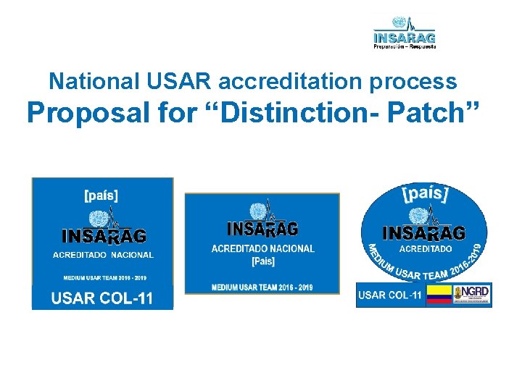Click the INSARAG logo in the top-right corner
tap(405, 32)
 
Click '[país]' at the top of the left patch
tap(102, 194)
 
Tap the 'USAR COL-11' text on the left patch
tap(101, 298)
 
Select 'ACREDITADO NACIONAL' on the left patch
tap(103, 255)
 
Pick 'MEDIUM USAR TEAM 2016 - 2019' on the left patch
tap(101, 277)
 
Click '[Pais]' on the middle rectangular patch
tap(262, 261)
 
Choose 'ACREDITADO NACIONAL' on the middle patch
tap(262, 248)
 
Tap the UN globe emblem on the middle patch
tap(257, 211)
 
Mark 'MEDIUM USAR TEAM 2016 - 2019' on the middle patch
tap(262, 287)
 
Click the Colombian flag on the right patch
tap(438, 295)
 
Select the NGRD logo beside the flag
tap(471, 295)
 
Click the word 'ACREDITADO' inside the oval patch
tap(426, 248)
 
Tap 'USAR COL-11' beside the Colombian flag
tap(390, 295)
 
